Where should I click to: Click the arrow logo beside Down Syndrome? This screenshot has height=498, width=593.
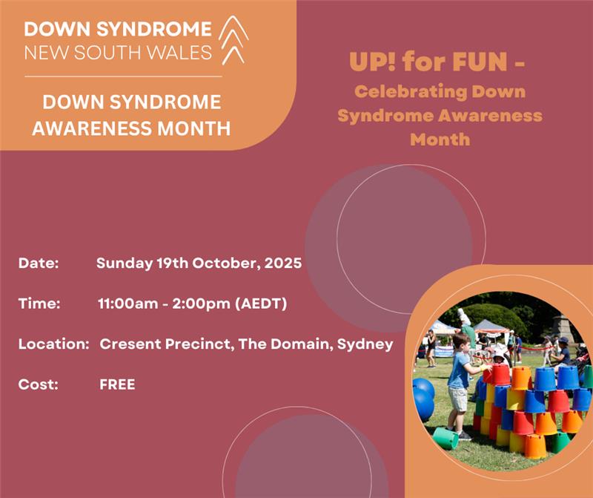coord(233,40)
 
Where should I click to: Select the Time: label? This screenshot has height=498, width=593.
coord(39,304)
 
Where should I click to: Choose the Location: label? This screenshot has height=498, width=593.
coord(53,344)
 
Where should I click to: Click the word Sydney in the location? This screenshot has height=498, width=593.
coord(365,344)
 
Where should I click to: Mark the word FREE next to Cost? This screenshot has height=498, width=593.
coord(117,384)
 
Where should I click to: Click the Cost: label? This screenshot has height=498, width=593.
coord(39,384)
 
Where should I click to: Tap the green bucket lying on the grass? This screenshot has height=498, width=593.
coord(445,438)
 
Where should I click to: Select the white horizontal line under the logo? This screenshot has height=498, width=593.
coord(123,76)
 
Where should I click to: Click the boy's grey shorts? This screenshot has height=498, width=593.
coord(457,399)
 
